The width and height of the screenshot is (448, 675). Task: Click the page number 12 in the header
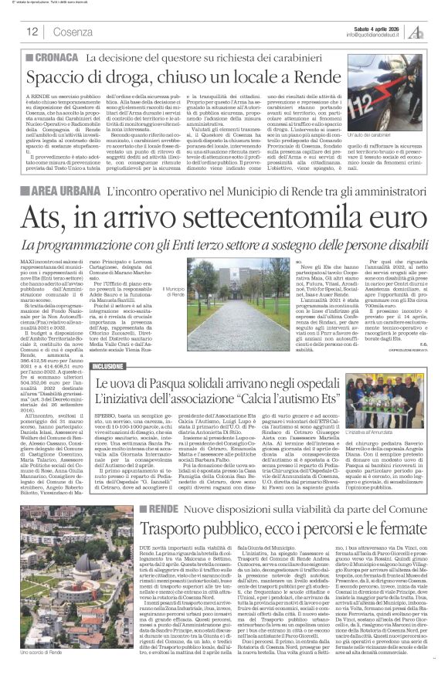[x=32, y=32]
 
